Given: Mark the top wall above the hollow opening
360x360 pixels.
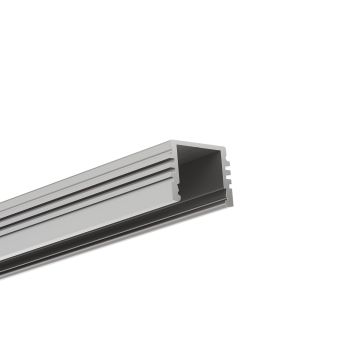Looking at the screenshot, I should point(201,146).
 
